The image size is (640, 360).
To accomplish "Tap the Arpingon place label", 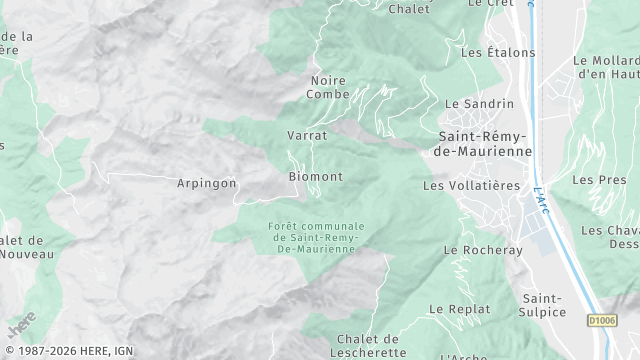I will (x=207, y=183).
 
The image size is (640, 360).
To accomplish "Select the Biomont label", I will (x=315, y=177).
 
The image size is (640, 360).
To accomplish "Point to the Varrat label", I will (x=307, y=135).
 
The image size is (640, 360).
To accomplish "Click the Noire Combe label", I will (x=330, y=87).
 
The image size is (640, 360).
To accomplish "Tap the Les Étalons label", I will (x=492, y=52).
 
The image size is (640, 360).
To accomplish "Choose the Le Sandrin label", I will (x=479, y=104).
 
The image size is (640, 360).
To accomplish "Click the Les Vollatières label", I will (x=472, y=185).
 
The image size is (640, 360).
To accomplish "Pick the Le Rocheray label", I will (x=483, y=250).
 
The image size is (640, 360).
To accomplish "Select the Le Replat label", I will (x=460, y=309).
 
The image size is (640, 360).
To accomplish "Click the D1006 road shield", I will (x=601, y=320).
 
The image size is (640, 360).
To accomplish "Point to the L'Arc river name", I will (x=541, y=199).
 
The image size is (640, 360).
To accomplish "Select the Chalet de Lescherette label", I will (x=368, y=345).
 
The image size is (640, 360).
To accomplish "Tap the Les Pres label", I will (x=592, y=180).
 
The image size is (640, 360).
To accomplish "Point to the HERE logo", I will (x=21, y=323).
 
